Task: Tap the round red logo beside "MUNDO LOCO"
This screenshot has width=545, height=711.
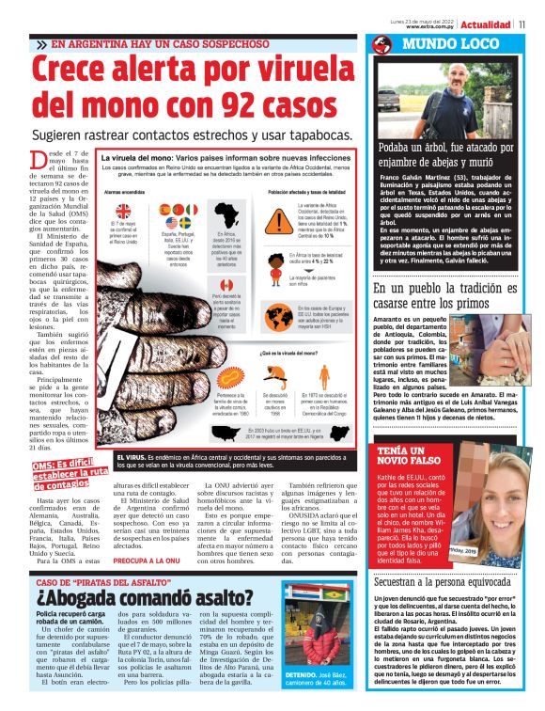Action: (x=381, y=44)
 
